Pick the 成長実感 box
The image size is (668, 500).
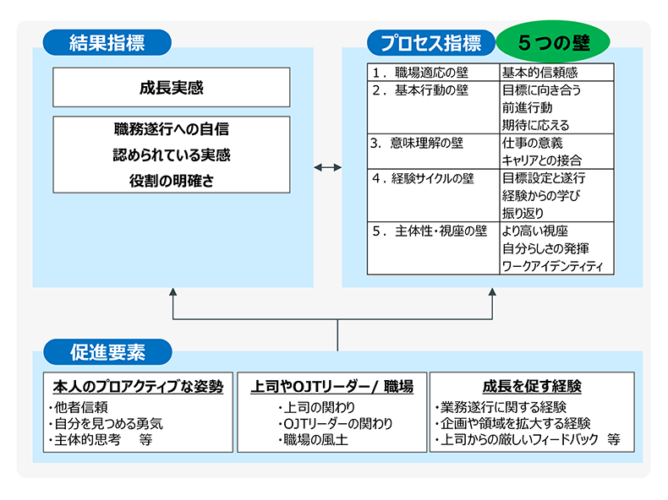click(x=171, y=87)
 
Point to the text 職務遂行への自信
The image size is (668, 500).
click(x=171, y=130)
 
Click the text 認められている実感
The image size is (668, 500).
click(x=171, y=155)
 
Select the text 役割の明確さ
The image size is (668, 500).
click(x=171, y=180)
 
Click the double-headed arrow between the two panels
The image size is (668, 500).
click(x=327, y=167)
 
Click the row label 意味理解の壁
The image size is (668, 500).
click(x=427, y=143)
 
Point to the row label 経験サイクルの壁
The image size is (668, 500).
click(x=431, y=178)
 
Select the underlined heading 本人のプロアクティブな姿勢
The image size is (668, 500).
click(x=138, y=387)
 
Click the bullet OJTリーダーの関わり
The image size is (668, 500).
click(x=335, y=423)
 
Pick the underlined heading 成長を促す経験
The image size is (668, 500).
click(x=532, y=387)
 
